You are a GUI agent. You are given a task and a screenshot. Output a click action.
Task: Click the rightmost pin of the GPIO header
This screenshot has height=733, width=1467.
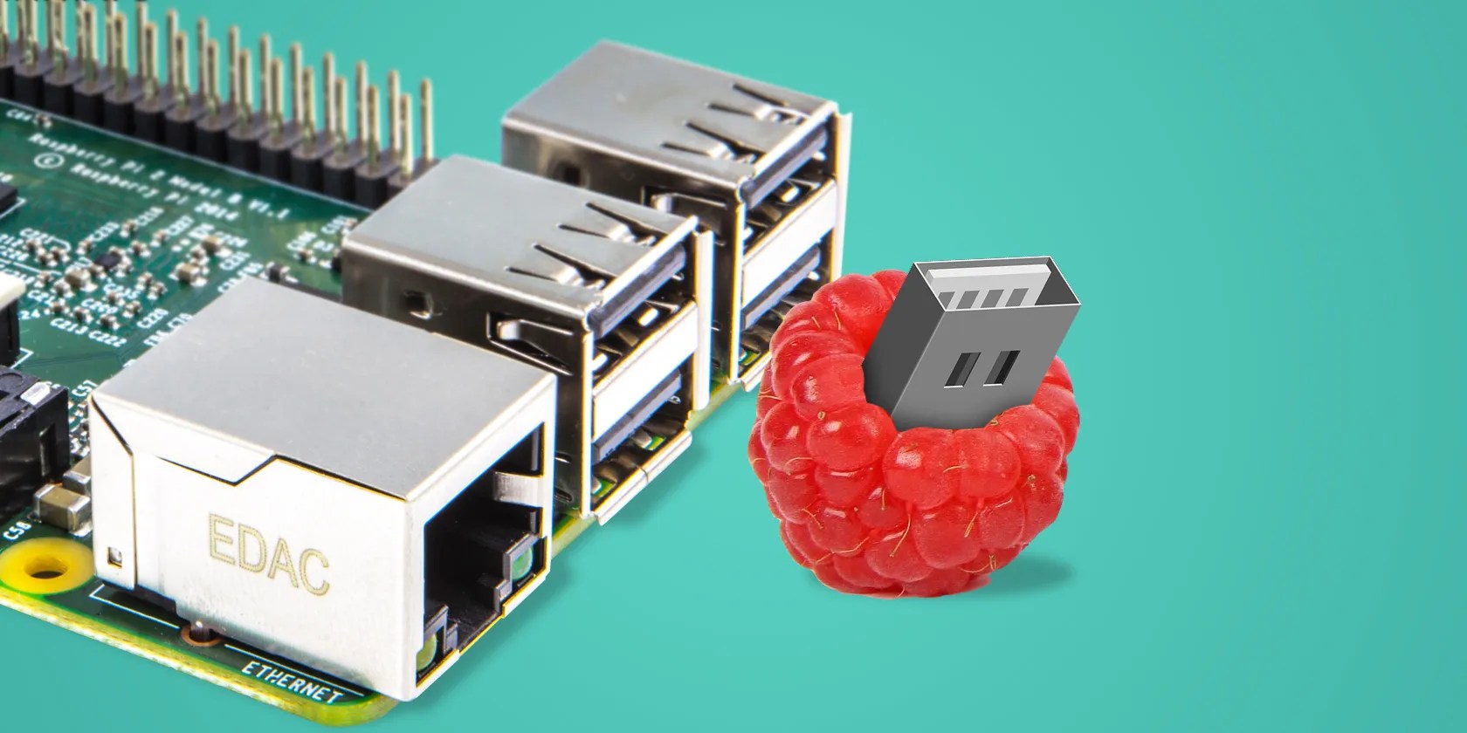427,122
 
